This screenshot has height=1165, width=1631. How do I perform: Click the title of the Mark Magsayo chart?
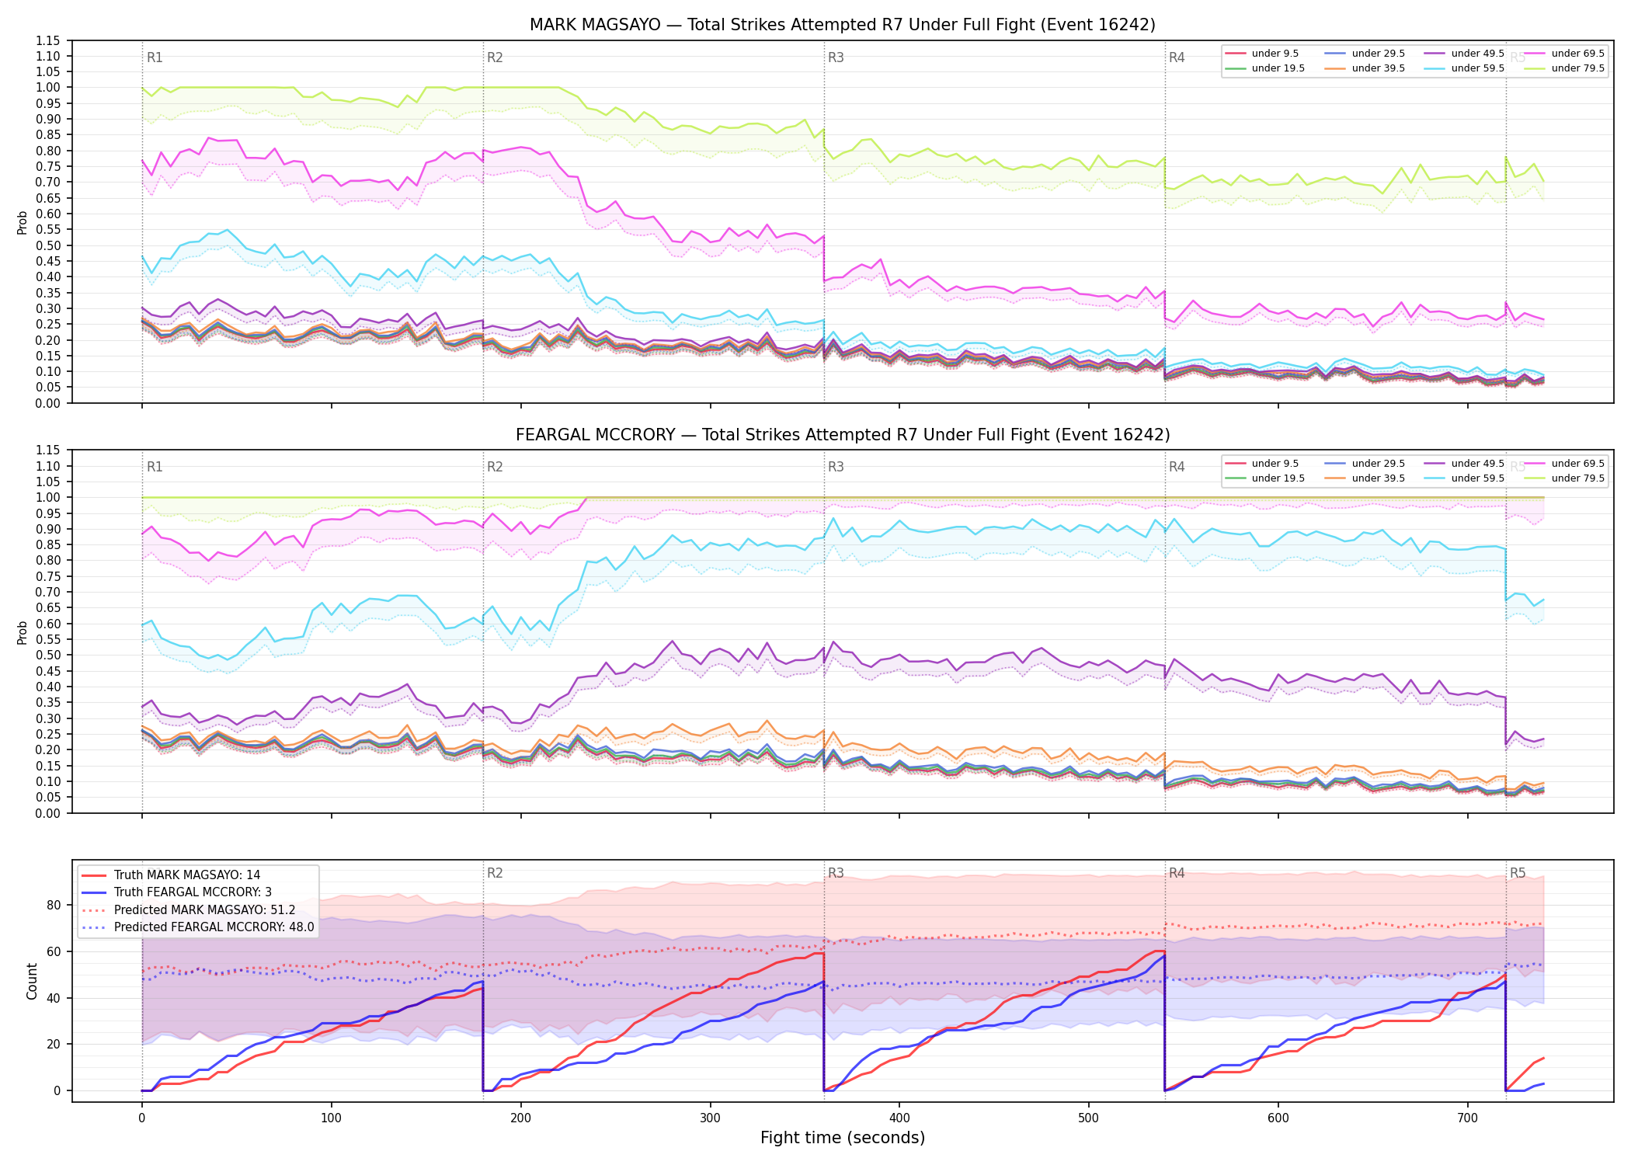843,25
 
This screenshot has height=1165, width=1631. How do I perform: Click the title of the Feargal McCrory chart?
843,435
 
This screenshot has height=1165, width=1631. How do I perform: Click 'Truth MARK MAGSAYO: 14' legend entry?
187,875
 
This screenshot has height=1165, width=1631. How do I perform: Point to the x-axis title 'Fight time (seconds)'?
843,1138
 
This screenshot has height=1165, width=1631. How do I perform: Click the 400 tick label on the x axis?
899,1118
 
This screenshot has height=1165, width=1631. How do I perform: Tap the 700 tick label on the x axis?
1468,1118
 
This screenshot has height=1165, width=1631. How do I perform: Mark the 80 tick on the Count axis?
54,905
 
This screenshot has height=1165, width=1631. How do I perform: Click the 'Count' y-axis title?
32,982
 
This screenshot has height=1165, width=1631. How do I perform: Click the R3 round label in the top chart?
836,57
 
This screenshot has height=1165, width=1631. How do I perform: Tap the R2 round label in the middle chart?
495,467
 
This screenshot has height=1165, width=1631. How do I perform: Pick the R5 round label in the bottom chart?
1518,873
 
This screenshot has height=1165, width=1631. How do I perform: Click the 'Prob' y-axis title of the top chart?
23,223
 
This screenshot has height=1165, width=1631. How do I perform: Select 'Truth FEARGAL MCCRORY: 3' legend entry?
193,892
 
